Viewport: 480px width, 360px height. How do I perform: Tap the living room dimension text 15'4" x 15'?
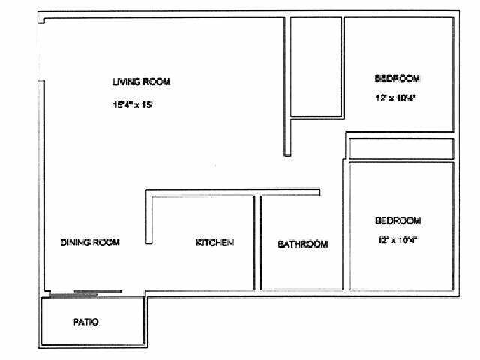pyautogui.click(x=133, y=106)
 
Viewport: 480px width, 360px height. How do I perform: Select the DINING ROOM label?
pyautogui.click(x=90, y=242)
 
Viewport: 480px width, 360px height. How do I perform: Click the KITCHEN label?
pyautogui.click(x=215, y=242)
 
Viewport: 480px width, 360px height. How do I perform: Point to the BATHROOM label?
pyautogui.click(x=303, y=244)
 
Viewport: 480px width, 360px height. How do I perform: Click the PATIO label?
pyautogui.click(x=85, y=322)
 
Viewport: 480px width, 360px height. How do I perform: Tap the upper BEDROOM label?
pyautogui.click(x=397, y=79)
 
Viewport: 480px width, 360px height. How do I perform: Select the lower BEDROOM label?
pyautogui.click(x=397, y=221)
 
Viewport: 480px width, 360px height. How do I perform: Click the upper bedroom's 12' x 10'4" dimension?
pyautogui.click(x=396, y=98)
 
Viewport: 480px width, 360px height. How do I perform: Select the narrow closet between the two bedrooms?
pyautogui.click(x=401, y=148)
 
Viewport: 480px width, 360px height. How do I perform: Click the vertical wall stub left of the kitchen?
pyautogui.click(x=148, y=219)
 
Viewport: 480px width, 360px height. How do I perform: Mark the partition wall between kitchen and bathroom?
pyautogui.click(x=257, y=242)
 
